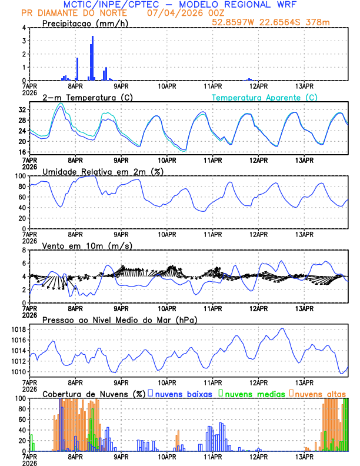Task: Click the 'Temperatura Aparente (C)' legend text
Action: [264, 97]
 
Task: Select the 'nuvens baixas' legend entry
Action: [184, 393]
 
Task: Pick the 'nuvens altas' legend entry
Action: [320, 393]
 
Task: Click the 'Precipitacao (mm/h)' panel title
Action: [86, 24]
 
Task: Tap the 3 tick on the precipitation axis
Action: [24, 41]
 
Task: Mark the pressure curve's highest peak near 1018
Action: [283, 328]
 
